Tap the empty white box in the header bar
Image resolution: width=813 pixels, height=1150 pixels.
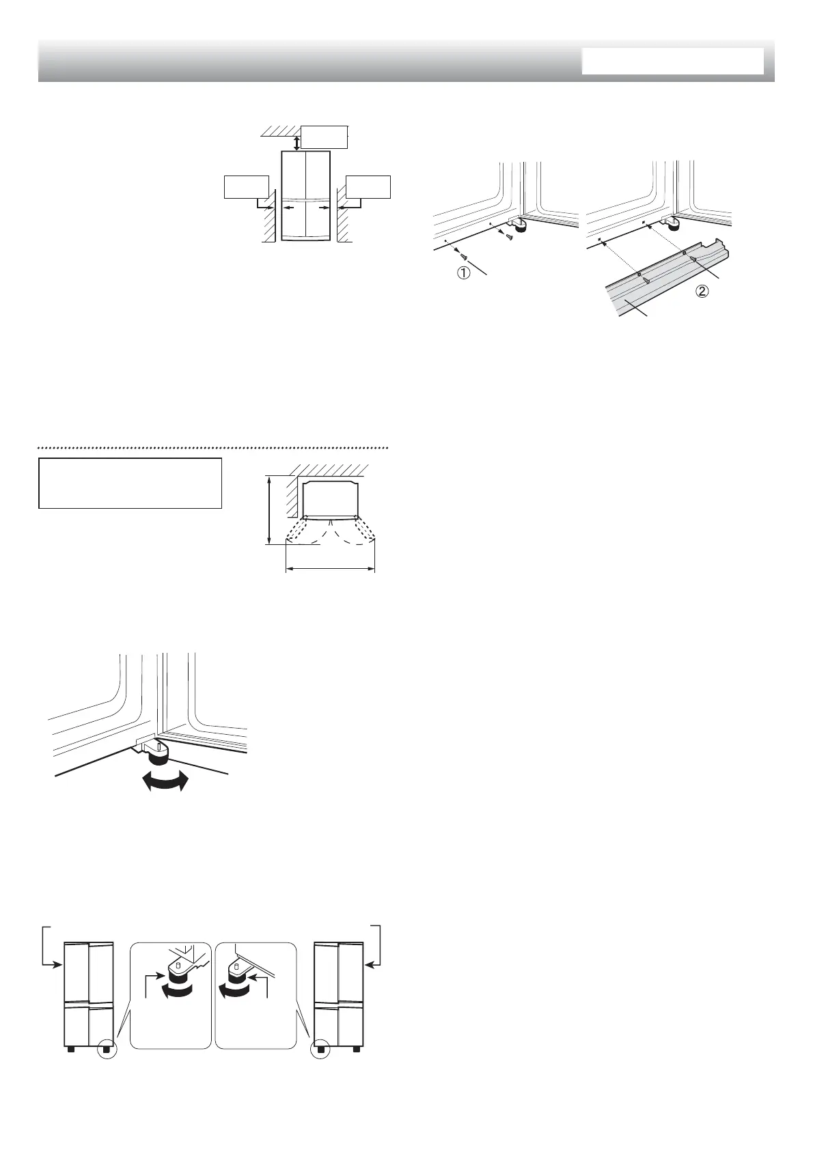tap(672, 61)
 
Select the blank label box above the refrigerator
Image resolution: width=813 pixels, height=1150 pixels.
tap(325, 137)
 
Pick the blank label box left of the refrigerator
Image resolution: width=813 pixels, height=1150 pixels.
tap(246, 187)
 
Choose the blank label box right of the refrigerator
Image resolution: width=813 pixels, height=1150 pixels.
tap(368, 187)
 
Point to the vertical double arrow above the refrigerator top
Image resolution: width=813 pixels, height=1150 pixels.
tap(296, 142)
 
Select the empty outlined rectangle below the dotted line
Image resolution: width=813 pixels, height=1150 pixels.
tap(130, 483)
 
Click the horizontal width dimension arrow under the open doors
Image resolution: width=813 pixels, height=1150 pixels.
tap(330, 568)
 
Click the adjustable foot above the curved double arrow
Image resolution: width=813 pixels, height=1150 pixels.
tap(159, 753)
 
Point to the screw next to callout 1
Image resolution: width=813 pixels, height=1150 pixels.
tap(464, 255)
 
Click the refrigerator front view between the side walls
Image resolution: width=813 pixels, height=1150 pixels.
tap(306, 196)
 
